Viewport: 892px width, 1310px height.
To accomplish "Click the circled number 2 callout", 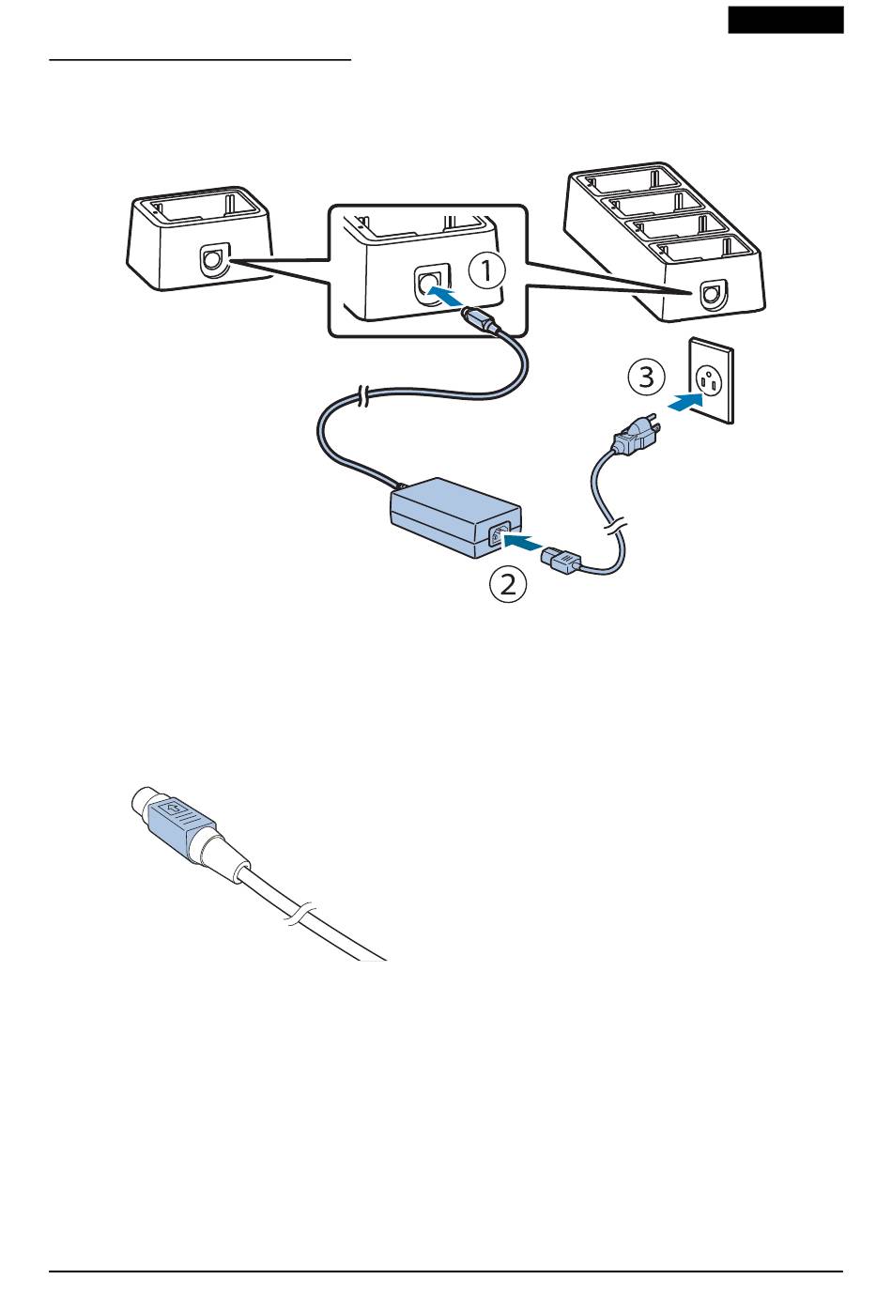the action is (x=508, y=584).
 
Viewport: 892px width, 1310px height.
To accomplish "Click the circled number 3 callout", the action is (x=646, y=377).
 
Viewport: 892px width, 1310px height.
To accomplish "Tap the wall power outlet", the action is (x=711, y=380).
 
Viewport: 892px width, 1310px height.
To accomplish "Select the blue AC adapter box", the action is (x=455, y=517).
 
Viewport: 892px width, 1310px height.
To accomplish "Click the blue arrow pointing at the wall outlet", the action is (x=684, y=403).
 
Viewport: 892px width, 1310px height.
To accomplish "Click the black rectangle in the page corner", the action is (x=786, y=20).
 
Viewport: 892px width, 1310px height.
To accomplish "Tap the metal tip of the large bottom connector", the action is (x=144, y=796).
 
